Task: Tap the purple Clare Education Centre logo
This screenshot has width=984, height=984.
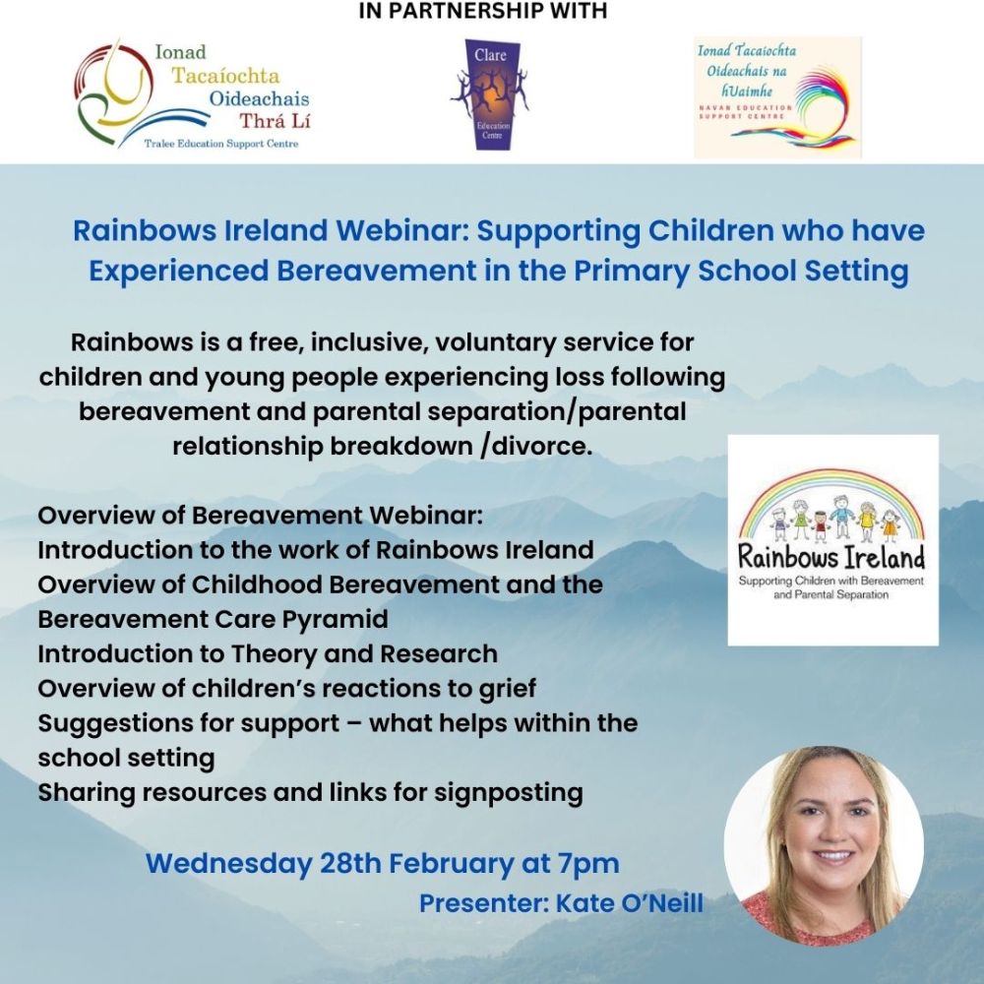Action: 492,94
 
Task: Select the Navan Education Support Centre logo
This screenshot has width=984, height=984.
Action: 777,97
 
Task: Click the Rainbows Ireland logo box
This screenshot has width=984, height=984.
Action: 832,539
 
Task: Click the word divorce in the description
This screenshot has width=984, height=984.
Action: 538,445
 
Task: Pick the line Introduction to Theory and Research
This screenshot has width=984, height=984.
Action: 268,653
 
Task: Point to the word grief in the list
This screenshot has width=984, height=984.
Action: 504,688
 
